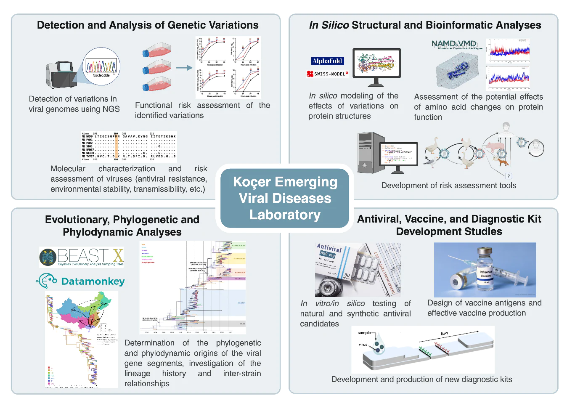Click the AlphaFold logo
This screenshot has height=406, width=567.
tap(327, 61)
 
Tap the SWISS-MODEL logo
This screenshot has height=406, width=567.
tap(328, 74)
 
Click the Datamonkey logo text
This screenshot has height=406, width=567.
tap(93, 281)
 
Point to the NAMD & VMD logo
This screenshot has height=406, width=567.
tap(454, 44)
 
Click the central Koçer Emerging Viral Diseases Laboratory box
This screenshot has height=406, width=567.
tap(285, 198)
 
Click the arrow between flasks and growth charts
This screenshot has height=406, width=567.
tap(184, 68)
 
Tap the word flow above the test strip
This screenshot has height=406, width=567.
tap(444, 334)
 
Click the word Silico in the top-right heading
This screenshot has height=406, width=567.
tap(335, 25)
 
